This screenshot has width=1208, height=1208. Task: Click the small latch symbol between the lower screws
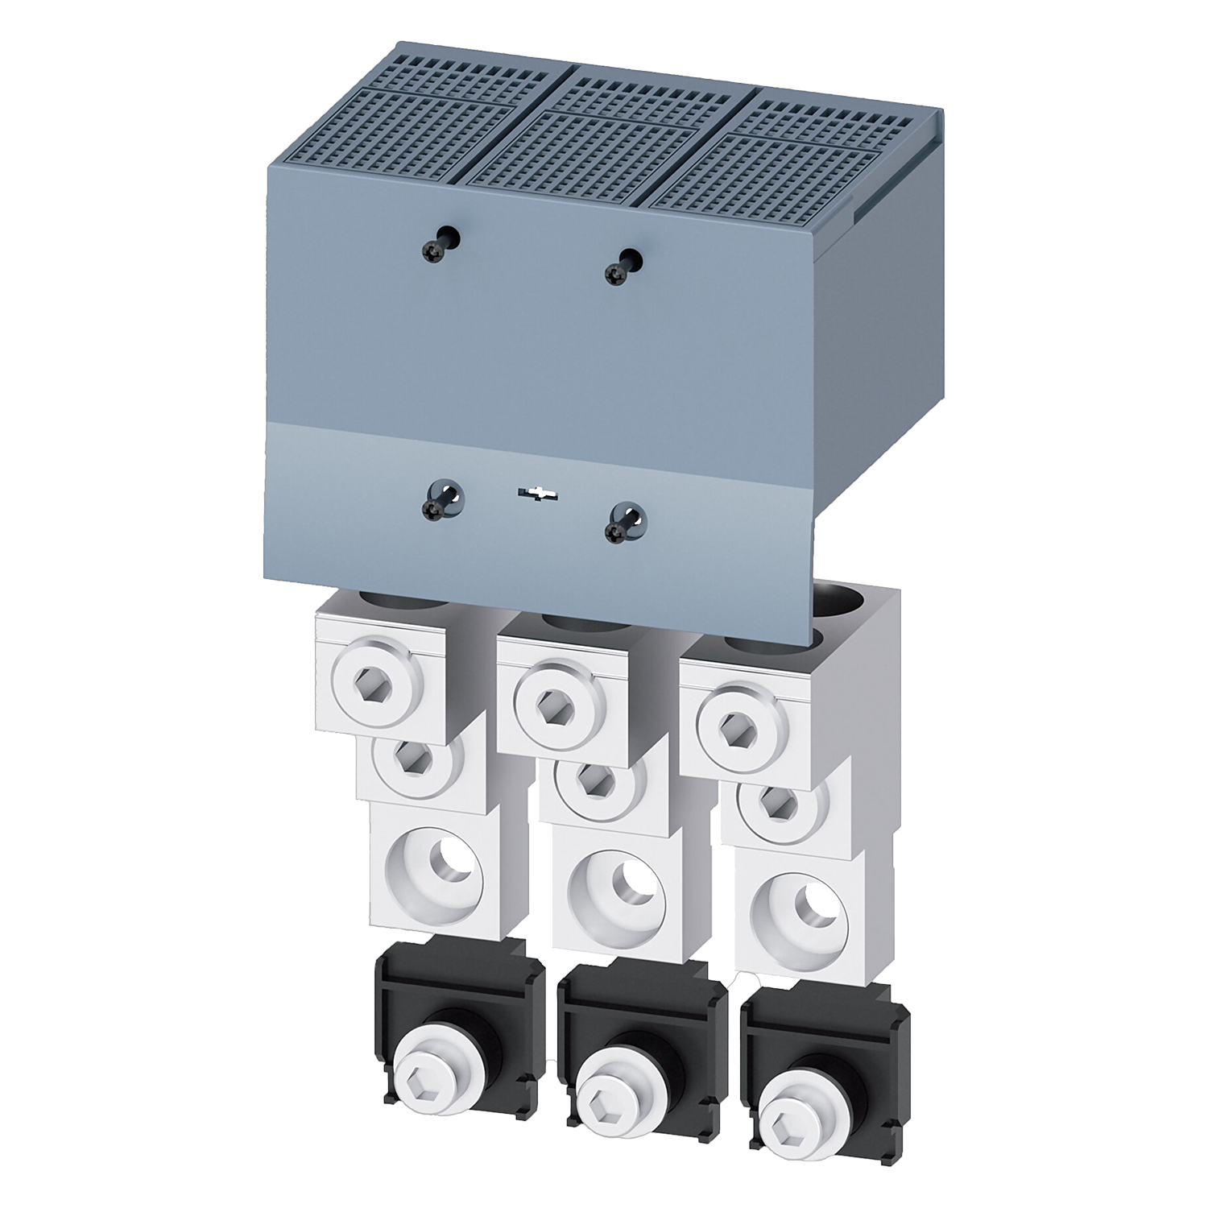point(532,493)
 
